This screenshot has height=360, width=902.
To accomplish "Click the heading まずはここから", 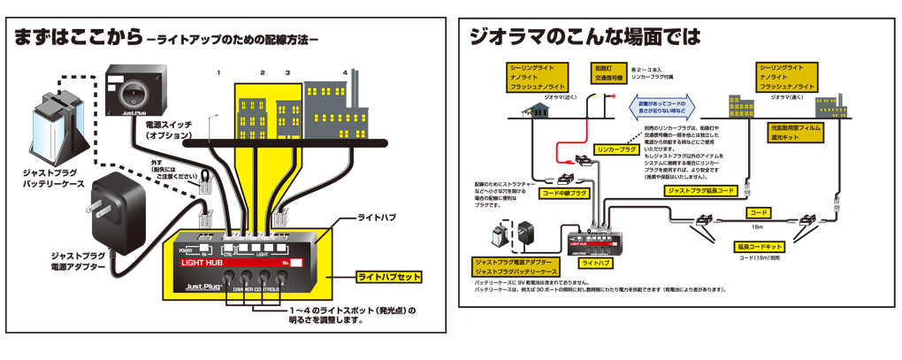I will pos(76,38).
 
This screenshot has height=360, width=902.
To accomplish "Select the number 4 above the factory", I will pos(345,73).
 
